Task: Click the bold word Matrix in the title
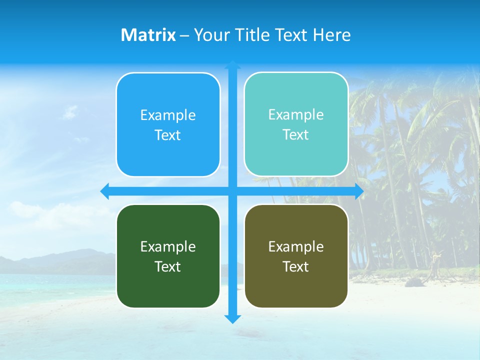[148, 35]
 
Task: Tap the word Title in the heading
[252, 35]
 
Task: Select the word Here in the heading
[332, 35]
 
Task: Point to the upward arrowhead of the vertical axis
[232, 64]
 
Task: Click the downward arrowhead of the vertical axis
[232, 318]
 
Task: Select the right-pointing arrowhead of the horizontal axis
[359, 191]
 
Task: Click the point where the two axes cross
[232, 191]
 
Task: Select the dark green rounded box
[168, 287]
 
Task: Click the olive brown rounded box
[296, 287]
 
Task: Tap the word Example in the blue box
[168, 115]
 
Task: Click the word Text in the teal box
[296, 135]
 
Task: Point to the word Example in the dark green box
[168, 247]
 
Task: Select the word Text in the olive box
[296, 267]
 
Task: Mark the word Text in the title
[290, 35]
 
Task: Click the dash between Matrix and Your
[184, 35]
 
